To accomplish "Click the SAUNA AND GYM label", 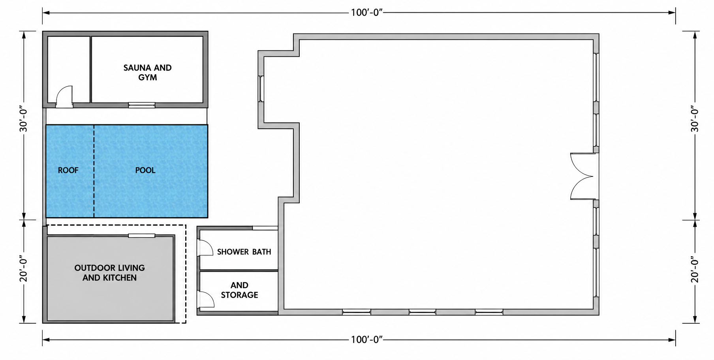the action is coord(147,73).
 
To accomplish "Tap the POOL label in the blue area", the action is coord(145,170).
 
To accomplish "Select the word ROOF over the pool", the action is coord(68,170).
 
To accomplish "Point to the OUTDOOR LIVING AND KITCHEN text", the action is coord(109,273).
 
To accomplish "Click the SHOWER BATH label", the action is coord(244,252).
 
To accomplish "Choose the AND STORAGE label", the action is coord(239,290).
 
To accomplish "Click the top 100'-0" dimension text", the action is coord(367,13).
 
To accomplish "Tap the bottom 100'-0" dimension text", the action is coord(367,339).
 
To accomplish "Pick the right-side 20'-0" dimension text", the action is coord(695,271).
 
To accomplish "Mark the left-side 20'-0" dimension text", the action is coord(24,271).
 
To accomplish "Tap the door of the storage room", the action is coord(206,299).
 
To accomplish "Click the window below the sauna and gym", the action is coord(141,105).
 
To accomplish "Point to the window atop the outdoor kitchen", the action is coord(141,236).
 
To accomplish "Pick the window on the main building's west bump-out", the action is coord(261,88).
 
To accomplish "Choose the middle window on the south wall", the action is coord(422,312).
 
